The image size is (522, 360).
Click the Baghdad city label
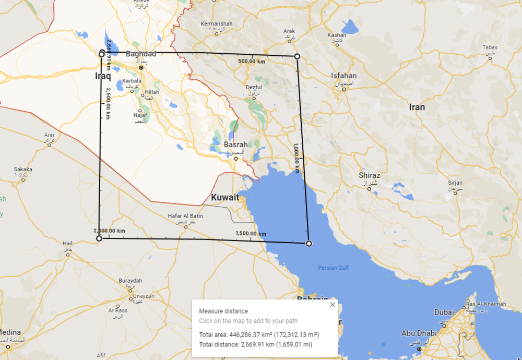(x=141, y=54)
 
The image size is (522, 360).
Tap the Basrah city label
(x=235, y=145)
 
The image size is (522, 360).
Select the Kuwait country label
(x=225, y=198)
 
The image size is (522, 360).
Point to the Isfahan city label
(x=344, y=76)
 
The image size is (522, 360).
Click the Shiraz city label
(x=369, y=175)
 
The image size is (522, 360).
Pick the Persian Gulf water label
(x=334, y=268)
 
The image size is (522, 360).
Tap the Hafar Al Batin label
(x=185, y=216)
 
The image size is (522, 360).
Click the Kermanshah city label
(x=216, y=24)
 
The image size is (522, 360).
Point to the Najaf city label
(x=140, y=115)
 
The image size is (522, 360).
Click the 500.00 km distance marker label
(x=252, y=62)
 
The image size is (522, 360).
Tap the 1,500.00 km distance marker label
(x=251, y=233)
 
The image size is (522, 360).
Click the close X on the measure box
(x=333, y=305)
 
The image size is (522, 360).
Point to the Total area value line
(x=259, y=334)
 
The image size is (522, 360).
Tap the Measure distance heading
(x=223, y=311)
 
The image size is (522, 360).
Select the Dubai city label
(x=444, y=312)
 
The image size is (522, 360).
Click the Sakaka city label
(x=22, y=169)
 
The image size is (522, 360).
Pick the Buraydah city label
(x=130, y=281)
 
